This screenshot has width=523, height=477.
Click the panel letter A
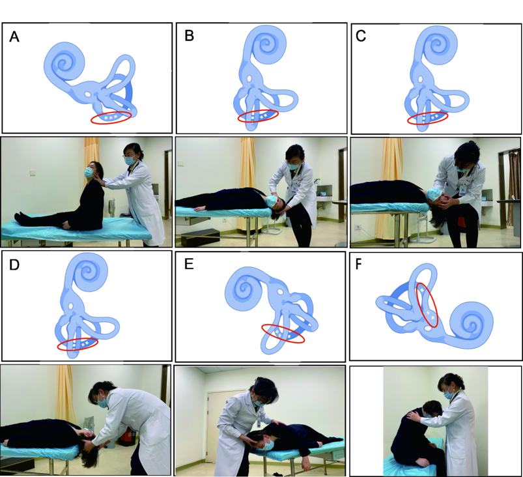(14, 36)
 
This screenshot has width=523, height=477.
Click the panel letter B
(189, 36)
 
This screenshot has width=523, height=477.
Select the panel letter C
(361, 36)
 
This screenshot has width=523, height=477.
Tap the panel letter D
(14, 265)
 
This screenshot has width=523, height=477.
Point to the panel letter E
(189, 264)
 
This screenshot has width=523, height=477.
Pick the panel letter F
(359, 264)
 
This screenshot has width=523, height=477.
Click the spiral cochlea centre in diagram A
(62, 63)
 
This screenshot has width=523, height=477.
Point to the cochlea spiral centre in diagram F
(472, 325)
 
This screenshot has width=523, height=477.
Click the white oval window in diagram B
(249, 79)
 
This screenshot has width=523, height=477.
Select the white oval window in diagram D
(70, 306)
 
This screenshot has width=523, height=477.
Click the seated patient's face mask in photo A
(89, 172)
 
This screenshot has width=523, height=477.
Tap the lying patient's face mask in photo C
(434, 194)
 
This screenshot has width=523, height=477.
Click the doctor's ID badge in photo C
(462, 190)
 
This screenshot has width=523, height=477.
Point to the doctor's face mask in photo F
(449, 394)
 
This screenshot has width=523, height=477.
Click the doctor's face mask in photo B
(292, 166)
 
